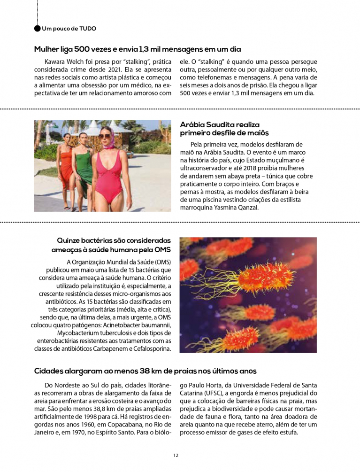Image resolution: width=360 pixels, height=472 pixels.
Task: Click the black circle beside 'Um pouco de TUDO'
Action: tap(37, 28)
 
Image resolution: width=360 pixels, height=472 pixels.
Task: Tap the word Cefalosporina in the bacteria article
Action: tap(151, 348)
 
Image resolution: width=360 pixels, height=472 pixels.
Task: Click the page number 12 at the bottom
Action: tap(176, 455)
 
